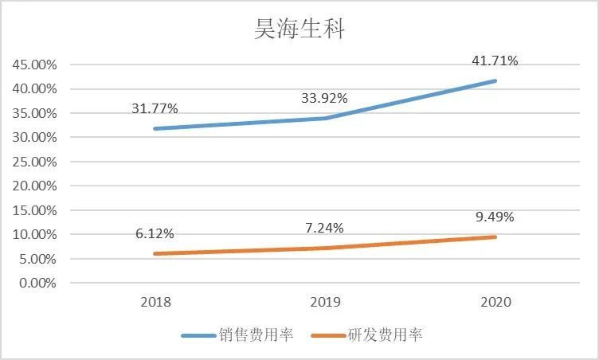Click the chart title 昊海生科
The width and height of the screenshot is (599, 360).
(299, 29)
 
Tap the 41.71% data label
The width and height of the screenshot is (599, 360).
(495, 61)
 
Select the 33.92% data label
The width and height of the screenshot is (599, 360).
(323, 99)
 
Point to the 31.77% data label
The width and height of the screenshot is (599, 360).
(154, 108)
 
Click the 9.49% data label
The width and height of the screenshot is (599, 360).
(495, 217)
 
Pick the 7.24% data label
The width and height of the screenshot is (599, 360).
(323, 228)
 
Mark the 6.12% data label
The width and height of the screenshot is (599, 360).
(154, 233)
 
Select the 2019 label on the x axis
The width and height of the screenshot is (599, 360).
(325, 303)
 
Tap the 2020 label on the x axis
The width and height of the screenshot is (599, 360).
(495, 303)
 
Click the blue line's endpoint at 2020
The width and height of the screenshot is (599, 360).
(495, 80)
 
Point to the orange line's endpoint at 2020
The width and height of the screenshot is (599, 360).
(495, 237)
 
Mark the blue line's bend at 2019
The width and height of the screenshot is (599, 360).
(325, 118)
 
